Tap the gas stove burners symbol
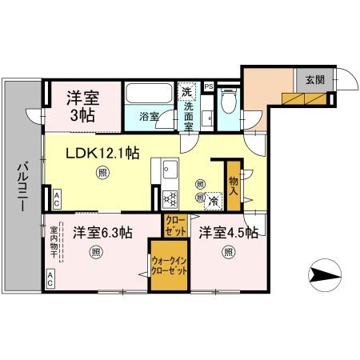pyautogui.click(x=170, y=198)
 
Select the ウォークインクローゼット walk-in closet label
pyautogui.click(x=169, y=267)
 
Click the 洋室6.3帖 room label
pyautogui.click(x=103, y=234)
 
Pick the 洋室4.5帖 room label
pyautogui.click(x=228, y=234)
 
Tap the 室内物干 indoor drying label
pyautogui.click(x=54, y=241)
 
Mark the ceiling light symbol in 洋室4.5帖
pyautogui.click(x=228, y=254)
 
